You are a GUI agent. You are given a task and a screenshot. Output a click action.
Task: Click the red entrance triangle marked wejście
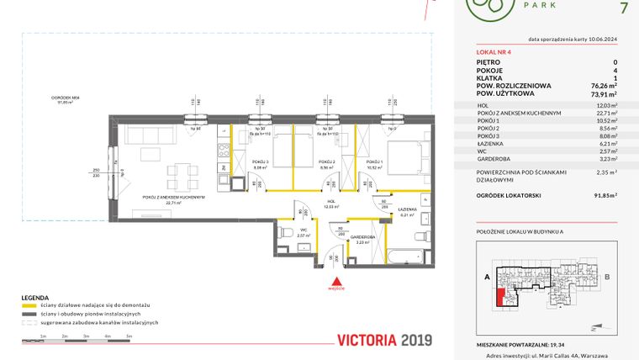tap(336, 282)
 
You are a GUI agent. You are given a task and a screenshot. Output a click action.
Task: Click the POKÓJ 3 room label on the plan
tap(260, 161)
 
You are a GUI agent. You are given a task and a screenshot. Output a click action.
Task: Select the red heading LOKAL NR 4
tap(493, 52)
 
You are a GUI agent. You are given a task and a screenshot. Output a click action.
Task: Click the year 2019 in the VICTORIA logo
tap(411, 340)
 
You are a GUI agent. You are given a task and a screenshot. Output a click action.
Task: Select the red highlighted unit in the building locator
tap(503, 297)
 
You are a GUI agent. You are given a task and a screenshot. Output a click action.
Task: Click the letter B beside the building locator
tap(606, 276)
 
